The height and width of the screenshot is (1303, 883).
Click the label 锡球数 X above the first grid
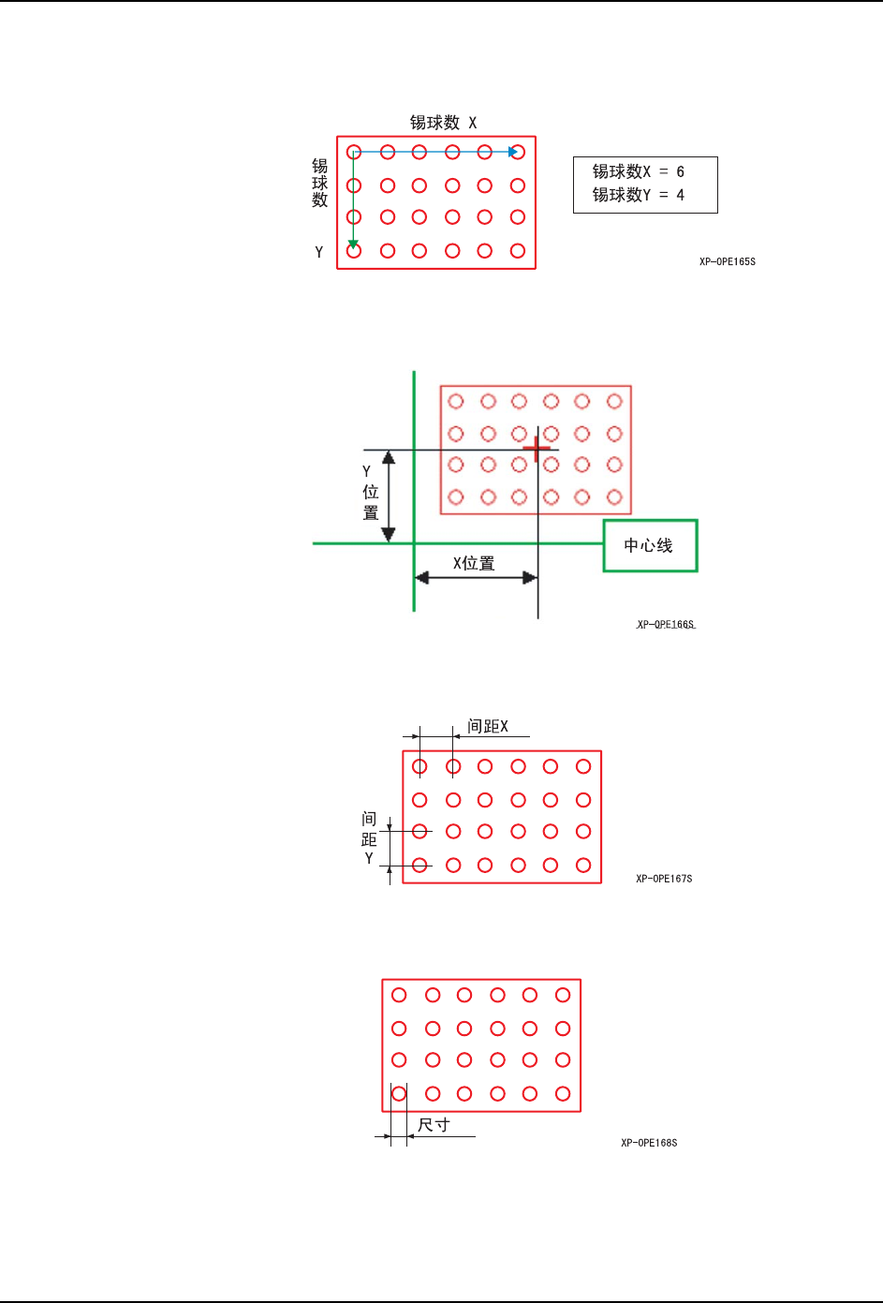click(x=443, y=123)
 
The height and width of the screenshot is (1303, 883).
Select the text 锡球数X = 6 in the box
click(x=638, y=171)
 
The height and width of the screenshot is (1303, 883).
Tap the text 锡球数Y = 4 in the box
click(x=638, y=195)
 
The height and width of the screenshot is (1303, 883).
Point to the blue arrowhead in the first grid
click(x=512, y=152)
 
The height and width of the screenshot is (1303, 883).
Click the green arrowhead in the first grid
click(x=353, y=244)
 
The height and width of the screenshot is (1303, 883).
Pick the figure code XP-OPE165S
click(x=727, y=261)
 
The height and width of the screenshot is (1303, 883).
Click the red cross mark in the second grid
click(x=537, y=449)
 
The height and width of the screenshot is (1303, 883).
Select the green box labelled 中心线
click(x=650, y=545)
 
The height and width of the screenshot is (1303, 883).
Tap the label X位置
click(x=474, y=563)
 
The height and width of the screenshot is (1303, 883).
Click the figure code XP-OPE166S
click(x=665, y=624)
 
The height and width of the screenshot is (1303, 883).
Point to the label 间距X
click(x=488, y=726)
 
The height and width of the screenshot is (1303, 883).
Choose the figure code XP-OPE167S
click(x=664, y=879)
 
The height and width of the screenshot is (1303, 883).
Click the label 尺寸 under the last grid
click(x=434, y=1125)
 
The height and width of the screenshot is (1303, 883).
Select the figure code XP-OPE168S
click(x=649, y=1143)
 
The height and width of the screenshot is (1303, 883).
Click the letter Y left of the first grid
click(x=318, y=252)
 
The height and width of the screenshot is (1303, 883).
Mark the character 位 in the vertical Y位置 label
click(x=371, y=492)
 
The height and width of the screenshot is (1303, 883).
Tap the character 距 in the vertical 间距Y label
click(x=369, y=839)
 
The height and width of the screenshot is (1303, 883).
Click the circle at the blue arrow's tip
click(x=518, y=152)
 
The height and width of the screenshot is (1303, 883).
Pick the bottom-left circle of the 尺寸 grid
click(x=399, y=1093)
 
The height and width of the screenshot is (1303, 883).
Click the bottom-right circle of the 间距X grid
click(x=583, y=865)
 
